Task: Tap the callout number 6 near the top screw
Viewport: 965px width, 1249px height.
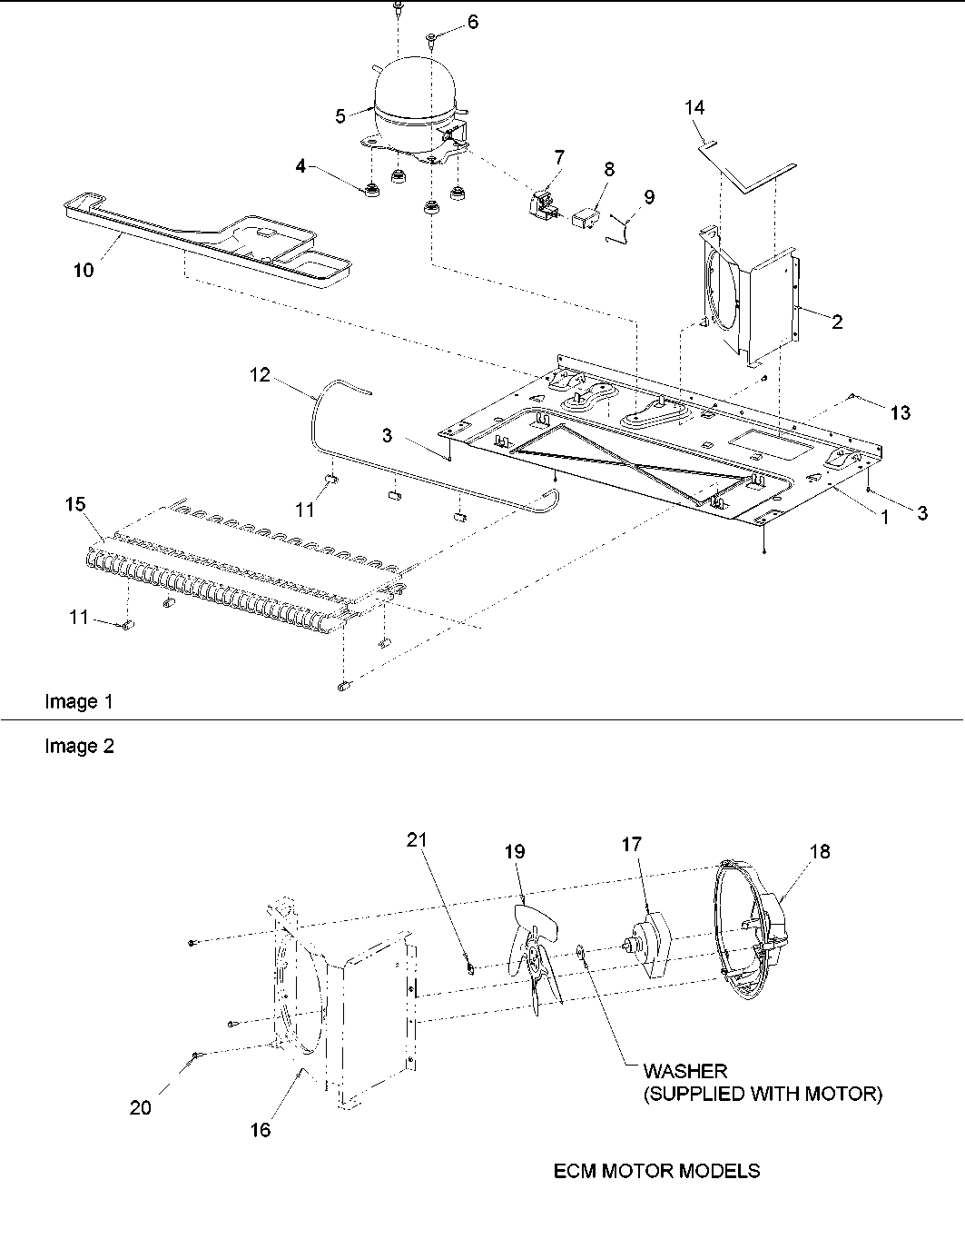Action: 472,23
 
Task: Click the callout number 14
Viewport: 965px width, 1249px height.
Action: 694,107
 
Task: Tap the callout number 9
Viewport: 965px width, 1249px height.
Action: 648,196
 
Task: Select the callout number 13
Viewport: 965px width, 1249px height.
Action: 900,413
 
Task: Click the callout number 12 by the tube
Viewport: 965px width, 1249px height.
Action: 261,374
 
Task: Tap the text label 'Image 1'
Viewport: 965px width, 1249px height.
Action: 79,701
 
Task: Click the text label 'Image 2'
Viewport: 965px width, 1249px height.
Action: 79,746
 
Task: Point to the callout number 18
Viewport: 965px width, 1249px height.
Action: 819,852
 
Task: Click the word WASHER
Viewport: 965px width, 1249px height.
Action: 685,1072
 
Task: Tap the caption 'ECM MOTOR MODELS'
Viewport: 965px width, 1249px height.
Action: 656,1171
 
